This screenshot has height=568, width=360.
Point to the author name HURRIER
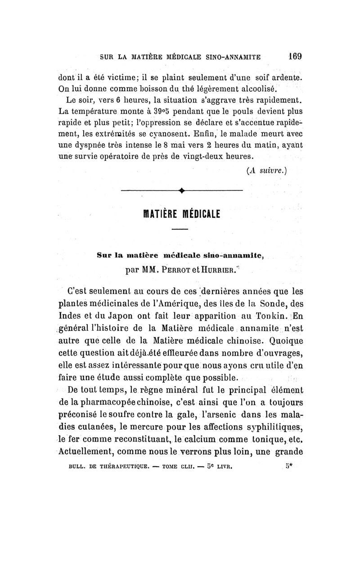click(218, 271)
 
